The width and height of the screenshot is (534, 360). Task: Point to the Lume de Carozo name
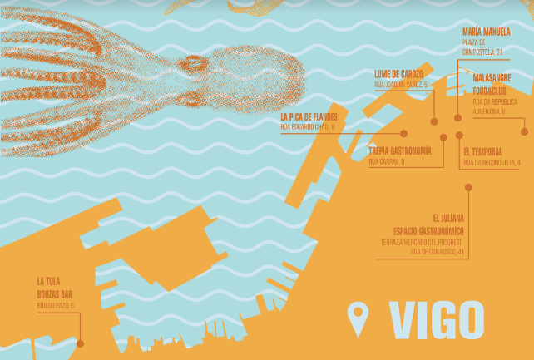400,74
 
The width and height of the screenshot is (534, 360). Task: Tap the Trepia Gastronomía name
399,150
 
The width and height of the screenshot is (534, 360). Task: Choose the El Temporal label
493,151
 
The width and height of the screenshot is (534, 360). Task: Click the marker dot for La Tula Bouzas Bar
81,343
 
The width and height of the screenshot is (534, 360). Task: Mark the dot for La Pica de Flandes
403,133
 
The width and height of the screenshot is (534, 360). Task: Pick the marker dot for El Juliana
468,188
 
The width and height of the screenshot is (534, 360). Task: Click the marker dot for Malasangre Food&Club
523,131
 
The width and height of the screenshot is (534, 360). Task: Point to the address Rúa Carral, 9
387,161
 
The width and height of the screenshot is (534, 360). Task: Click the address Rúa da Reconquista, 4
492,162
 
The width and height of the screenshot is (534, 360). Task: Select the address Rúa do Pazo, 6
55,306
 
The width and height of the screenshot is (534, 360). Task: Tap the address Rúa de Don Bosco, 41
432,251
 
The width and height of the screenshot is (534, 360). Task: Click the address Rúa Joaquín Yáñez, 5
401,85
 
